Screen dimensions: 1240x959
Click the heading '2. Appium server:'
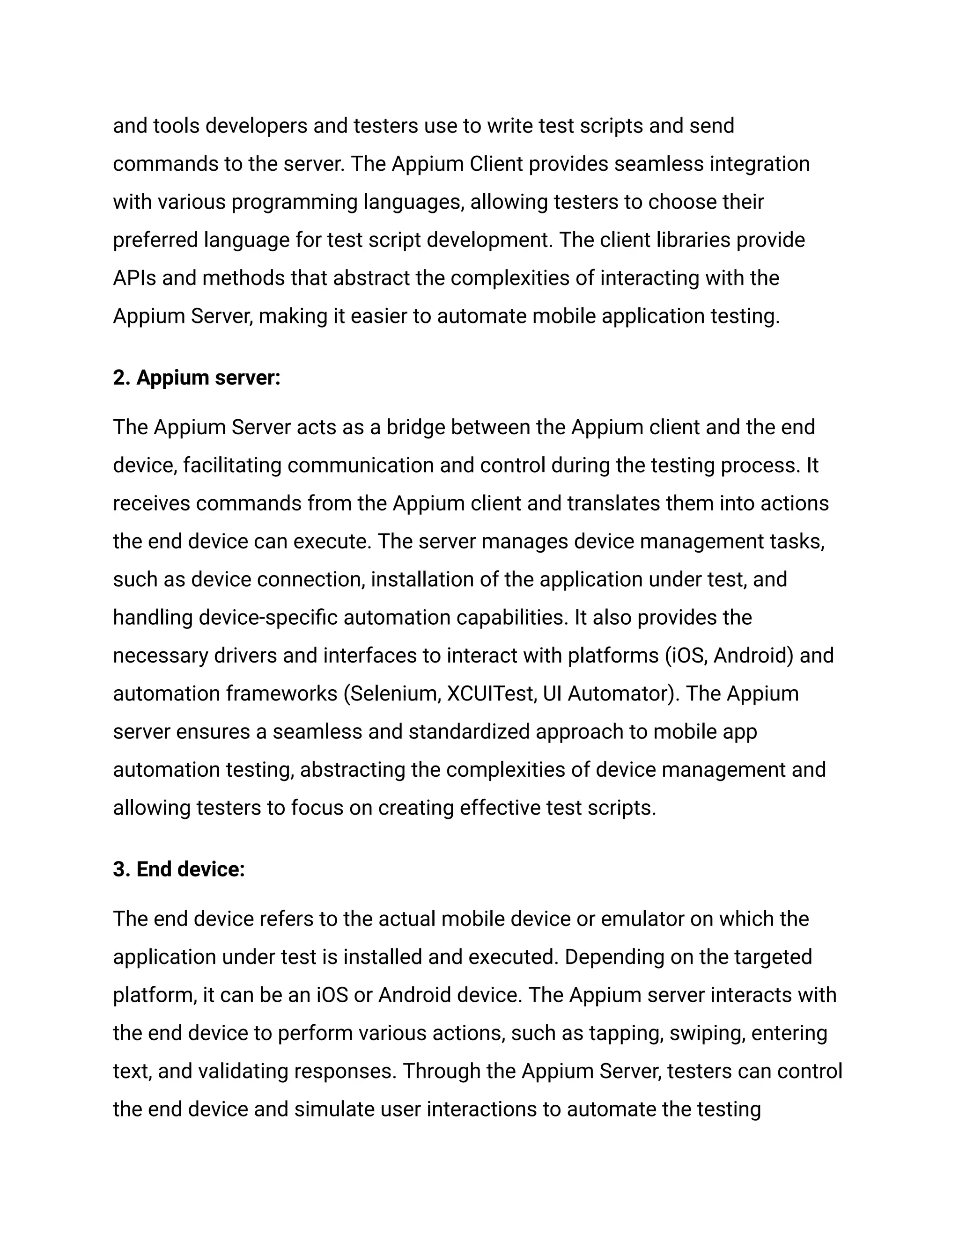click(x=197, y=378)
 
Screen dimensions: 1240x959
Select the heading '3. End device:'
click(x=179, y=869)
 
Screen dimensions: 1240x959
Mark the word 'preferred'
click(x=155, y=240)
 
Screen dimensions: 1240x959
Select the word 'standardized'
click(x=469, y=732)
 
